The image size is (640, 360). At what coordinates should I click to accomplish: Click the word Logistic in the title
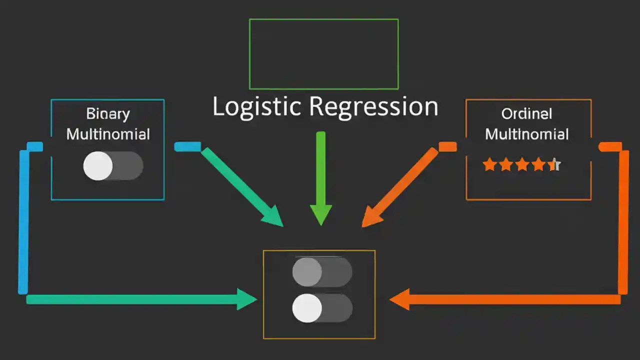(x=256, y=107)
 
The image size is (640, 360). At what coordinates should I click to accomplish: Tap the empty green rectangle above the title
(x=323, y=54)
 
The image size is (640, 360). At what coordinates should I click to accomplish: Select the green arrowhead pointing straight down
(x=320, y=214)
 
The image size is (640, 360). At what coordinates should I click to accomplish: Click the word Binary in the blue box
(x=107, y=114)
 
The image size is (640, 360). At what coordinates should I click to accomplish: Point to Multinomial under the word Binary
(x=108, y=134)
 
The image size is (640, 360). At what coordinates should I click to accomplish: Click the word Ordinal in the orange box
(x=526, y=114)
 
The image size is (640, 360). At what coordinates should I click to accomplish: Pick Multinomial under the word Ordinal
(x=527, y=134)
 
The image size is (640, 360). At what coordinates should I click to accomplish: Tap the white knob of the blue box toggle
(x=98, y=166)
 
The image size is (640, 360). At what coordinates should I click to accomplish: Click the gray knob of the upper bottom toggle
(x=306, y=272)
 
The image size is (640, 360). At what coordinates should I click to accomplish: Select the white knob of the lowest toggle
(x=306, y=308)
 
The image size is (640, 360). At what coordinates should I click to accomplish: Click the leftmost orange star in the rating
(x=489, y=165)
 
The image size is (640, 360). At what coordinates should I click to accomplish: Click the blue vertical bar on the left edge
(x=23, y=220)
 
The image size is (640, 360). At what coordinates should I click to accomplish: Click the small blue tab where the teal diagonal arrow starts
(x=187, y=146)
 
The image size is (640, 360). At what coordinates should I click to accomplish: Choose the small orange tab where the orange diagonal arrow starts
(x=447, y=146)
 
